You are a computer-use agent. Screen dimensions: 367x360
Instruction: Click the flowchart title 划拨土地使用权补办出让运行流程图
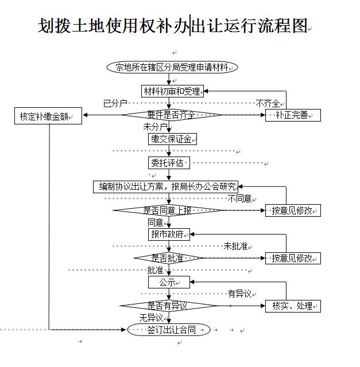pyautogui.click(x=172, y=26)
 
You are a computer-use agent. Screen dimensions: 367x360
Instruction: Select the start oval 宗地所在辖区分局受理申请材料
pyautogui.click(x=172, y=67)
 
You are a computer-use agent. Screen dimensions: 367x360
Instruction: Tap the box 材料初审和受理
pyautogui.click(x=172, y=91)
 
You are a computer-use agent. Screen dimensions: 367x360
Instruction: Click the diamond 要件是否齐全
pyautogui.click(x=168, y=115)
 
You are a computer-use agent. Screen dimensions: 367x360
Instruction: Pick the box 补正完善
pyautogui.click(x=293, y=115)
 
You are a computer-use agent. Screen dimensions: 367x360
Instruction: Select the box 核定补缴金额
pyautogui.click(x=48, y=117)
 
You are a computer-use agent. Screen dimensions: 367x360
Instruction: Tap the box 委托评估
pyautogui.click(x=168, y=163)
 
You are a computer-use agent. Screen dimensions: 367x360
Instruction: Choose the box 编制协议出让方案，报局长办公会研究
pyautogui.click(x=165, y=187)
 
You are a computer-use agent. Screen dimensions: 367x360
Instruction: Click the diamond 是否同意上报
pyautogui.click(x=167, y=210)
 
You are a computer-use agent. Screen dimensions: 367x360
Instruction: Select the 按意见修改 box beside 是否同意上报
pyautogui.click(x=293, y=210)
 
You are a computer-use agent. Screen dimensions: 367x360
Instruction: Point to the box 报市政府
pyautogui.click(x=168, y=234)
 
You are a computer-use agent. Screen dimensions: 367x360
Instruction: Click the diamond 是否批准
pyautogui.click(x=168, y=258)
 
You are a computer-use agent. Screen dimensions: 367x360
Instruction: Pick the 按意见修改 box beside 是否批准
pyautogui.click(x=293, y=258)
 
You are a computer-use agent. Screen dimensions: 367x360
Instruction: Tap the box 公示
pyautogui.click(x=168, y=282)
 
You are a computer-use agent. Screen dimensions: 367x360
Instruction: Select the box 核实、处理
pyautogui.click(x=293, y=306)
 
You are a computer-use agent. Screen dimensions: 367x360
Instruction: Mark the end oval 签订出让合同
pyautogui.click(x=168, y=330)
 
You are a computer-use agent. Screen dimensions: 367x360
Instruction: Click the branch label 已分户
pyautogui.click(x=115, y=104)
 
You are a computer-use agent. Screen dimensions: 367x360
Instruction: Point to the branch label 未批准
pyautogui.click(x=235, y=246)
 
